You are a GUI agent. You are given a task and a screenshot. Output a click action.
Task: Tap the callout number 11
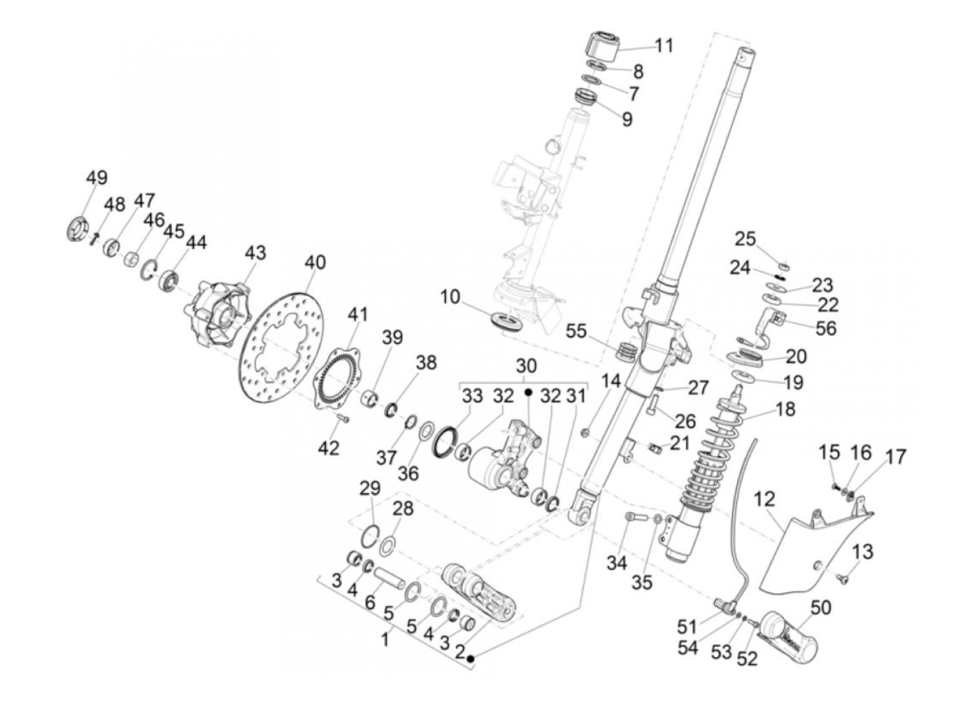tap(663, 46)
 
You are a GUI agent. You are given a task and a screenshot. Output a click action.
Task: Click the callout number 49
tap(97, 178)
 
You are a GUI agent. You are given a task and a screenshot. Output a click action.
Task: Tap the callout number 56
tap(825, 328)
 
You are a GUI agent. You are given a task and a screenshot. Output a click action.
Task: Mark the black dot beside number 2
tap(470, 659)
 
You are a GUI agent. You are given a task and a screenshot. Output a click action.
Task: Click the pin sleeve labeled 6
tap(388, 578)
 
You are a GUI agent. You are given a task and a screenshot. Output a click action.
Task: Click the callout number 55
tap(575, 332)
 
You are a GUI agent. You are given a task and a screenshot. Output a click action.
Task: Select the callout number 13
tap(863, 551)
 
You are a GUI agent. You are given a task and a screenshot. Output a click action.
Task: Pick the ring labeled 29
tap(370, 536)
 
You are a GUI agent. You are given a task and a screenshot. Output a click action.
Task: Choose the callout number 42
tap(329, 448)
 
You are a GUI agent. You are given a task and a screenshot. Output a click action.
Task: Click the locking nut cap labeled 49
tap(79, 229)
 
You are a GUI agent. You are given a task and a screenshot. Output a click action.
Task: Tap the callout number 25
tap(745, 239)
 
